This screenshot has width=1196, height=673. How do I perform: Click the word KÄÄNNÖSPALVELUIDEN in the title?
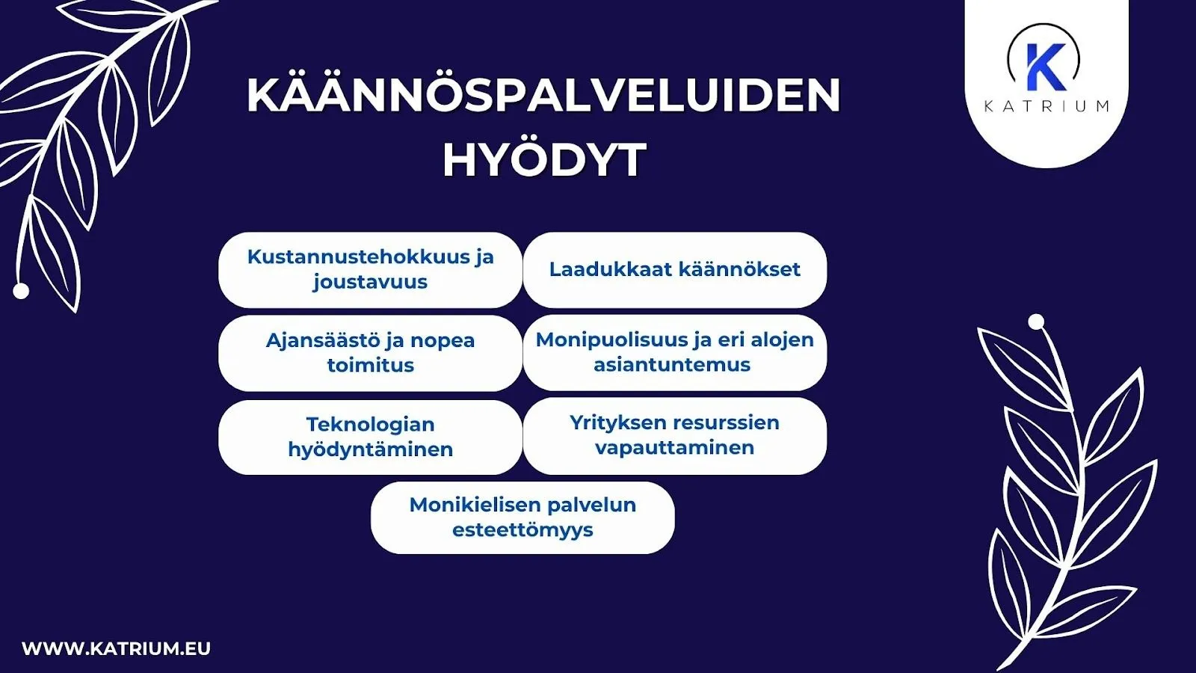click(x=543, y=95)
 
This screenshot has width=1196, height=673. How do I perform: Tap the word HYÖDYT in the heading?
click(x=544, y=159)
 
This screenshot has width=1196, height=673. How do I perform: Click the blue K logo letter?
click(x=1044, y=67)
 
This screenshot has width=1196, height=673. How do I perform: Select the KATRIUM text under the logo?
click(x=1046, y=106)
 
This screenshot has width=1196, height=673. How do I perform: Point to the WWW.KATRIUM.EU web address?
click(x=117, y=648)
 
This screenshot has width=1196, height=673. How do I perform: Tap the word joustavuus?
click(x=370, y=282)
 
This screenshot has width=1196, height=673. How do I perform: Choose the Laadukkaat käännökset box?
click(x=674, y=269)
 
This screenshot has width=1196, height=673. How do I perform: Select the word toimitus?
click(x=370, y=366)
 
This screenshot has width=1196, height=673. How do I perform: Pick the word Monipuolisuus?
click(x=613, y=339)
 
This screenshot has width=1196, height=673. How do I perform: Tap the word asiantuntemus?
click(x=672, y=365)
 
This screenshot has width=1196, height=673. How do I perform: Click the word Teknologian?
click(x=370, y=424)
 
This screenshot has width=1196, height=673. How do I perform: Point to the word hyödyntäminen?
click(x=370, y=449)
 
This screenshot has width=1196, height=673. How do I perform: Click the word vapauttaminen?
click(x=674, y=448)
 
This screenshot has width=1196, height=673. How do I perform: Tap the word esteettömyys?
click(x=523, y=530)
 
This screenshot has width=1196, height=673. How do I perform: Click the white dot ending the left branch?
click(x=21, y=291)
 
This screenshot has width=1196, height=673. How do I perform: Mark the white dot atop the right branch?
click(x=1036, y=322)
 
